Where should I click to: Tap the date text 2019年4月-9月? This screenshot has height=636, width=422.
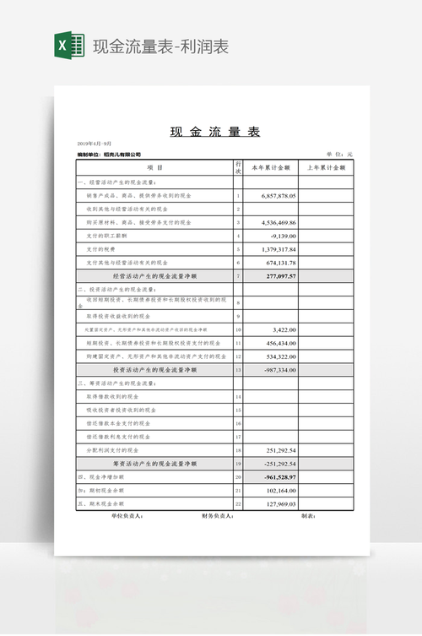[94, 144]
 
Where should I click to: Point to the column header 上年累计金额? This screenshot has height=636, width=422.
[326, 168]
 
